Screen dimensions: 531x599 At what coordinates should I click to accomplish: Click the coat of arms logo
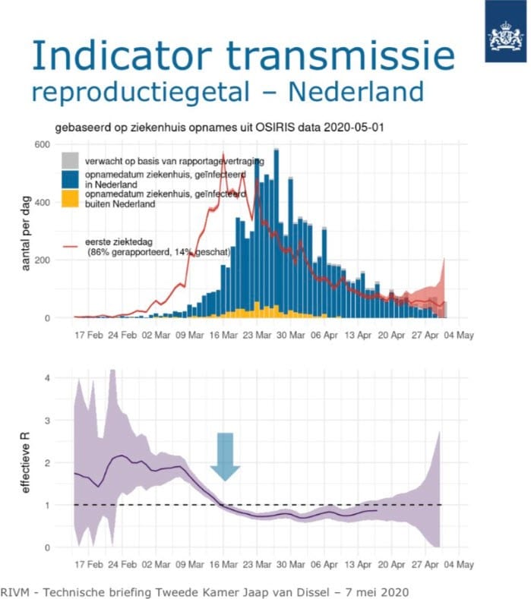pyautogui.click(x=506, y=36)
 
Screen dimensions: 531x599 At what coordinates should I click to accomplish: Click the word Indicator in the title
pyautogui.click(x=122, y=55)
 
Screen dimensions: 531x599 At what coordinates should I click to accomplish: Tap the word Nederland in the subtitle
pyautogui.click(x=356, y=92)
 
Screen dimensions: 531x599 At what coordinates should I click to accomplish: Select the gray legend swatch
pyautogui.click(x=70, y=161)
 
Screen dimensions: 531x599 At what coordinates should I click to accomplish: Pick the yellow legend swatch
pyautogui.click(x=70, y=198)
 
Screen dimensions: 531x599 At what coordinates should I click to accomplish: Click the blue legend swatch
pyautogui.click(x=70, y=179)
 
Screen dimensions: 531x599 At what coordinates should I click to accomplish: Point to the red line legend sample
pyautogui.click(x=71, y=247)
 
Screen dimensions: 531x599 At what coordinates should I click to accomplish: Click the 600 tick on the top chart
pyautogui.click(x=42, y=145)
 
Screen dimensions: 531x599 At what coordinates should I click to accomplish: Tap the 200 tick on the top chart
pyautogui.click(x=42, y=260)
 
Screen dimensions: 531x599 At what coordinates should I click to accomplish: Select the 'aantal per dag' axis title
pyautogui.click(x=26, y=233)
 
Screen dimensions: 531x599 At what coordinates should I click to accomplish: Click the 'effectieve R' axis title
pyautogui.click(x=26, y=462)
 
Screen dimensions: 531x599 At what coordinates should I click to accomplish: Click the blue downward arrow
pyautogui.click(x=225, y=457)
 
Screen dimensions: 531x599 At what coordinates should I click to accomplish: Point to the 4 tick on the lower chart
pyautogui.click(x=47, y=378)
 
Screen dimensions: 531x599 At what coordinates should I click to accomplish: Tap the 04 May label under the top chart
pyautogui.click(x=459, y=336)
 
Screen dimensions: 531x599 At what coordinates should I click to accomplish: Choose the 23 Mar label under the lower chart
pyautogui.click(x=257, y=564)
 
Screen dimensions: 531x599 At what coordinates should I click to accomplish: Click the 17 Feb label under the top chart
pyautogui.click(x=89, y=336)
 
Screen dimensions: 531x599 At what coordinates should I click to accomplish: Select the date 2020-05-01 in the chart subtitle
pyautogui.click(x=353, y=128)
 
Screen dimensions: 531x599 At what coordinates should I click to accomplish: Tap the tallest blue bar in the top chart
pyautogui.click(x=277, y=234)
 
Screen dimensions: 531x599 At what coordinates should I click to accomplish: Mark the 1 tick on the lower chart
pyautogui.click(x=47, y=506)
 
